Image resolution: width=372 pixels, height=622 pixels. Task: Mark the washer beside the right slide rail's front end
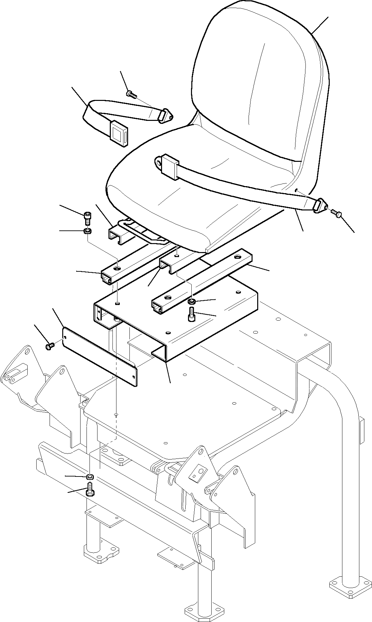point(192,302)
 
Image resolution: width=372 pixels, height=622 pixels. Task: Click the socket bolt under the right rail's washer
point(191,314)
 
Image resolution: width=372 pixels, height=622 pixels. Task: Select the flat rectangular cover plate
point(100,356)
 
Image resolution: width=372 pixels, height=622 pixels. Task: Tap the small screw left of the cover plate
point(49,347)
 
